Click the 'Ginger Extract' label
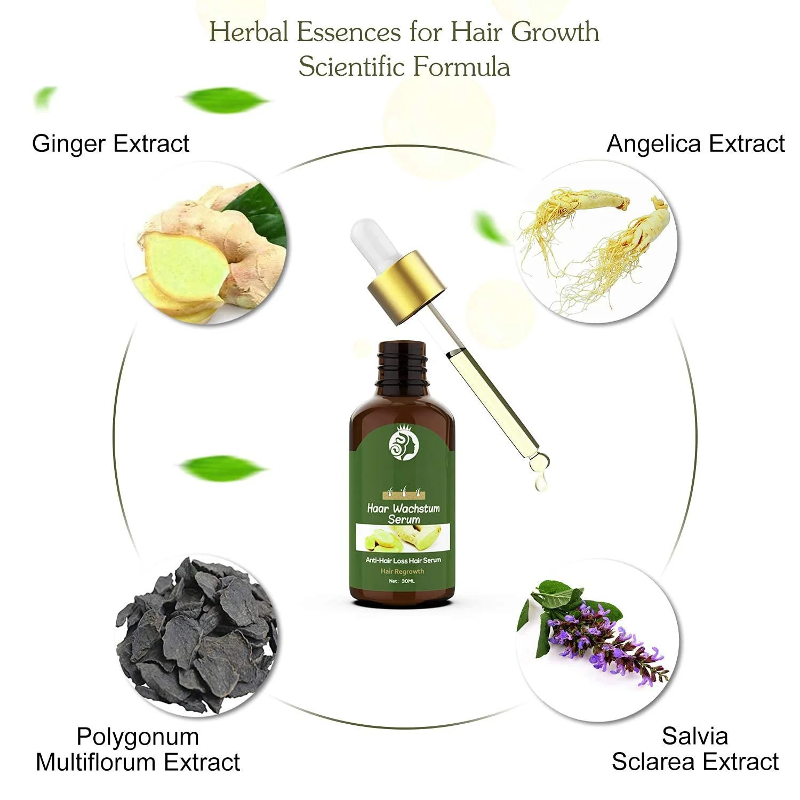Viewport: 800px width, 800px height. click(110, 144)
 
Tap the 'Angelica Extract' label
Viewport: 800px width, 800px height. click(695, 144)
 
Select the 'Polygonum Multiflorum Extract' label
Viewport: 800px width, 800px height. click(138, 749)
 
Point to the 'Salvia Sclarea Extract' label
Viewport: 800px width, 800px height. click(695, 749)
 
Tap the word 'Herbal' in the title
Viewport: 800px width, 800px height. click(249, 32)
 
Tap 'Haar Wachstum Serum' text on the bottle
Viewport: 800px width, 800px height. click(404, 514)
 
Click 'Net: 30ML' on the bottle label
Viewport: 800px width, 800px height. click(402, 581)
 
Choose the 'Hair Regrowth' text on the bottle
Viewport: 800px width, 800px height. click(402, 571)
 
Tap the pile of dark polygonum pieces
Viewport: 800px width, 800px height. click(196, 635)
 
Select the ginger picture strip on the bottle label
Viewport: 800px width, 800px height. click(403, 538)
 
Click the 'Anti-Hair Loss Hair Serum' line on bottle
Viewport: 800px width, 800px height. click(403, 560)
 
